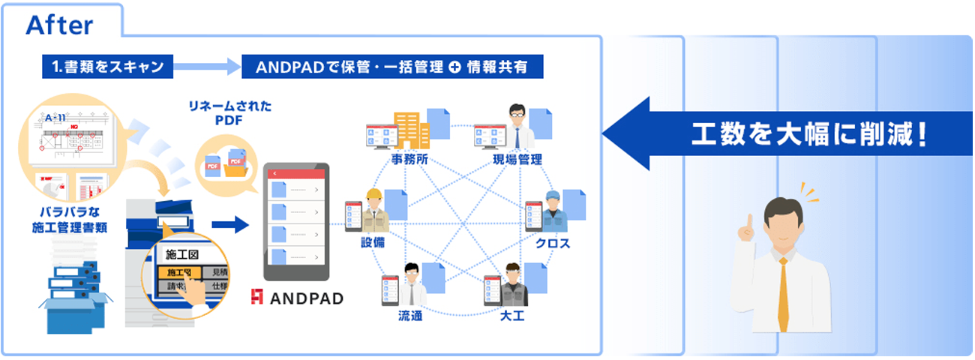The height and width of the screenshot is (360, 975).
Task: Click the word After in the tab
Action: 59,25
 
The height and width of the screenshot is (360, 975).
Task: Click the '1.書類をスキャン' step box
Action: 108,67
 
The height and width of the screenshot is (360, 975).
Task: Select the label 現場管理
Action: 517,160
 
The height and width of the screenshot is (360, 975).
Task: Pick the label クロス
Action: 553,244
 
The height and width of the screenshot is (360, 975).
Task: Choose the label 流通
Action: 410,316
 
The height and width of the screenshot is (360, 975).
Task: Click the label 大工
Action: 511,316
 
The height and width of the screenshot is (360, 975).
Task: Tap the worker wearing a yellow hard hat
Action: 373,210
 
